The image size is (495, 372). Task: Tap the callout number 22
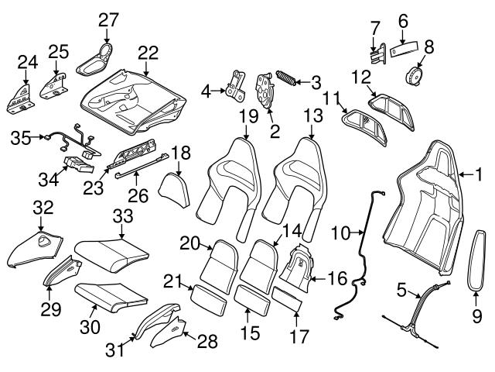point(148,53)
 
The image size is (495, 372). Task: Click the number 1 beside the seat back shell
point(477,175)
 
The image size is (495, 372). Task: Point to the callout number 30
point(90,328)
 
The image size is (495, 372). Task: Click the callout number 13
point(312,116)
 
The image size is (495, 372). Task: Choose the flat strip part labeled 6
point(403,48)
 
